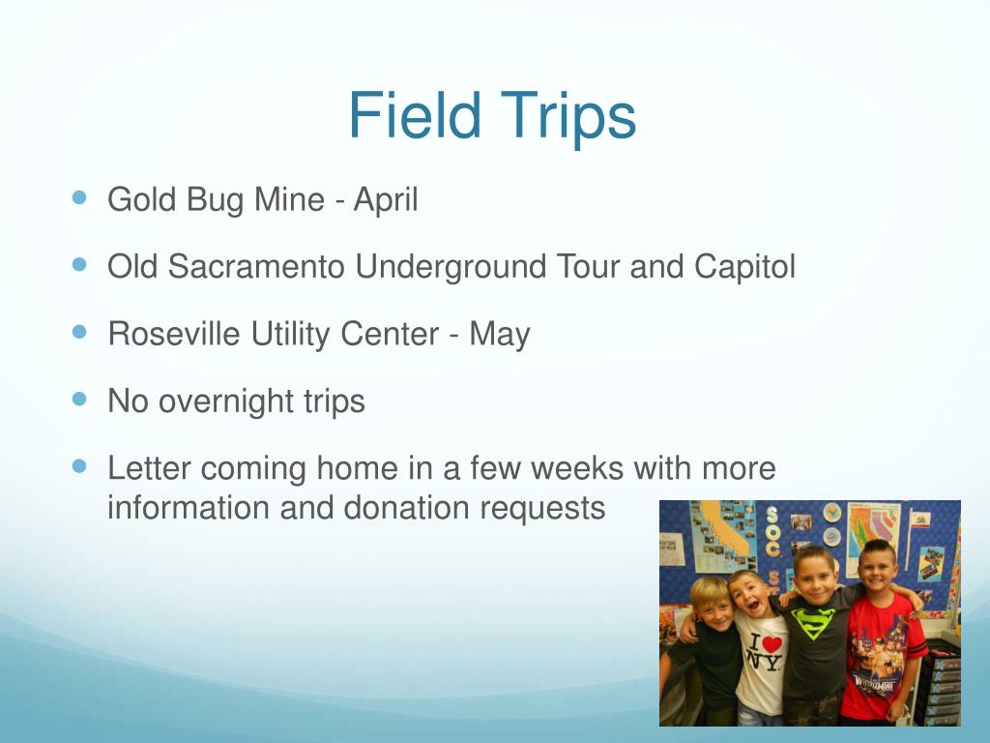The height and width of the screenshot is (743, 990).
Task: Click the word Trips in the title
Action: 568,117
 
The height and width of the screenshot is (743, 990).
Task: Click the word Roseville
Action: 174,334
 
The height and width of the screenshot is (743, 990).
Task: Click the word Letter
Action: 149,468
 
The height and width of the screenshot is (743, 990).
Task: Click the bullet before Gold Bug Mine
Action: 79,197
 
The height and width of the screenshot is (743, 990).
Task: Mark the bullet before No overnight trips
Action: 79,399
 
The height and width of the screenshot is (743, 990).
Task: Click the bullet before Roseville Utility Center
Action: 79,332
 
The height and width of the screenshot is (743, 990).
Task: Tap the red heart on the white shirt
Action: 772,643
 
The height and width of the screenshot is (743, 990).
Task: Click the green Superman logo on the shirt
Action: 813,622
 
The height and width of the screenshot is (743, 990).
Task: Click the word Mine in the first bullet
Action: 289,199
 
